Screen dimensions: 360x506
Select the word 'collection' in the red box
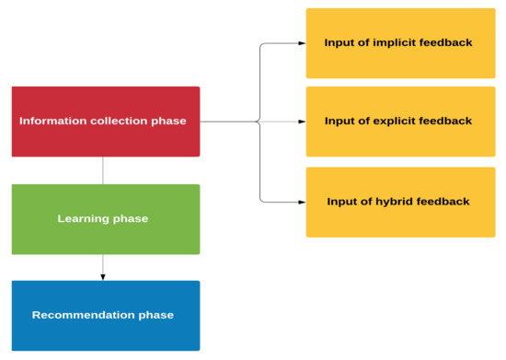118,121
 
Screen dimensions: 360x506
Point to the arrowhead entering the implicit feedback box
302,42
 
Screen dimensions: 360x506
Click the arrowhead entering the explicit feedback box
302,121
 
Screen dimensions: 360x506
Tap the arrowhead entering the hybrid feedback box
302,201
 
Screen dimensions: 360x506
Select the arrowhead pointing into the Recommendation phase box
103,276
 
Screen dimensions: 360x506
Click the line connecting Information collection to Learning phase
103,170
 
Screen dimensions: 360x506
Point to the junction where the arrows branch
260,121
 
